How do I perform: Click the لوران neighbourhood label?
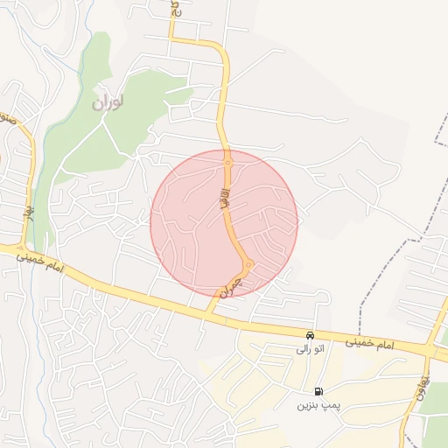[108, 102]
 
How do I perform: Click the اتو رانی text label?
[311, 349]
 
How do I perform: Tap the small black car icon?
[310, 335]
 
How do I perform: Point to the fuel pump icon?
[318, 391]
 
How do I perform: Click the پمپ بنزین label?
[316, 405]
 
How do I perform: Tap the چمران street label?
[229, 286]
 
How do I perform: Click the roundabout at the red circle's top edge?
[227, 162]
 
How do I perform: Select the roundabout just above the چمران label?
[248, 264]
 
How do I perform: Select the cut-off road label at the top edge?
[174, 10]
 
